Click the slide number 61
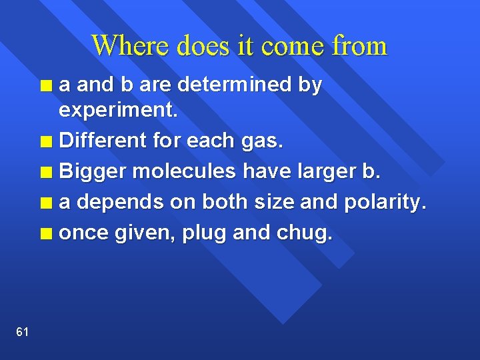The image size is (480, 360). coord(22,332)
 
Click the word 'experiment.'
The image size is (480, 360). coord(119,111)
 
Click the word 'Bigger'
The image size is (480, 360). coord(93,172)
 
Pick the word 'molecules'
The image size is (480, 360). coord(184,172)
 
